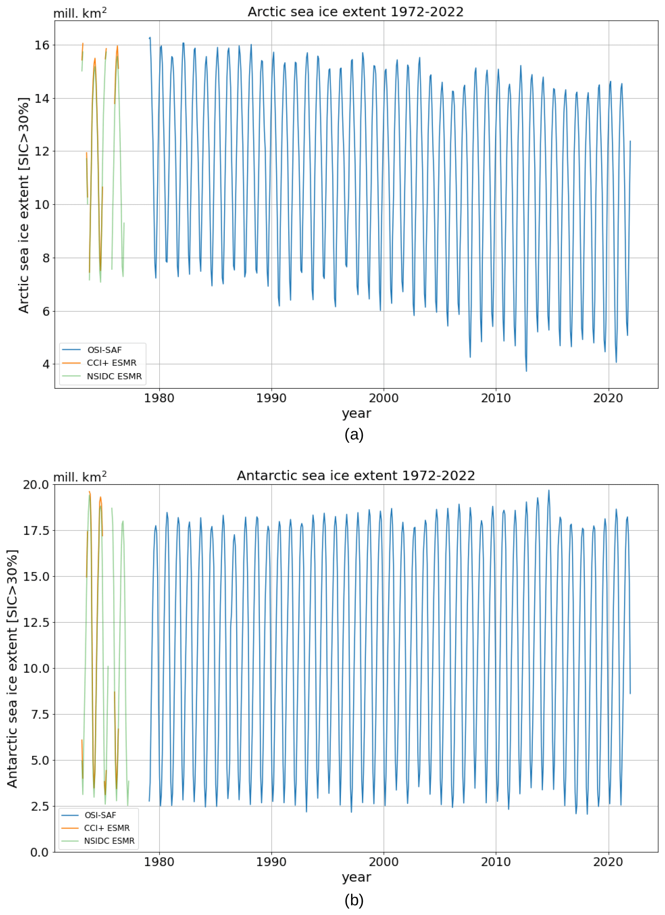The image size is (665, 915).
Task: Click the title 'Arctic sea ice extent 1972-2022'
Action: click(x=355, y=12)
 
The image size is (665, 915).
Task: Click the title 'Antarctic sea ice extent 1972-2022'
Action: click(x=356, y=476)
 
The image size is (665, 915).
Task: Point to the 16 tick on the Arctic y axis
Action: click(x=42, y=45)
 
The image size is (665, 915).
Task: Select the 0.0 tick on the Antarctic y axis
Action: click(x=40, y=853)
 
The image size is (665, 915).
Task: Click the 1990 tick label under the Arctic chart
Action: click(x=271, y=398)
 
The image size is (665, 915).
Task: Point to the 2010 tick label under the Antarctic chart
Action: click(x=496, y=862)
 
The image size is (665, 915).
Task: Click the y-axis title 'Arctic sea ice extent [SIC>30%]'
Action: click(x=24, y=205)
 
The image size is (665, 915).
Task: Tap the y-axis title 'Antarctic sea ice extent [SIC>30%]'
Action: click(x=12, y=669)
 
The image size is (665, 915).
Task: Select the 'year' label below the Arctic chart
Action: click(x=357, y=413)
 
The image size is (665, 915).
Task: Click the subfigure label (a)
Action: click(x=354, y=435)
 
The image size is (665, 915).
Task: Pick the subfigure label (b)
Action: click(x=354, y=900)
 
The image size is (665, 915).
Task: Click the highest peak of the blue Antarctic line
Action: click(x=549, y=490)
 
